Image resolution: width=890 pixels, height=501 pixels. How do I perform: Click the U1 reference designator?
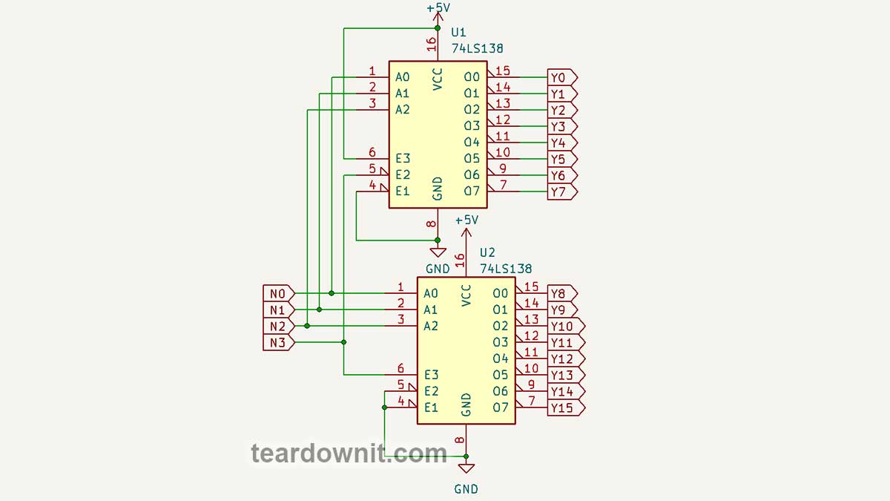(x=459, y=33)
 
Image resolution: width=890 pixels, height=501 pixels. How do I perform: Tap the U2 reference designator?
(x=487, y=252)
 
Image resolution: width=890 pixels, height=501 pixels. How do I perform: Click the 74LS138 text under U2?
(x=506, y=269)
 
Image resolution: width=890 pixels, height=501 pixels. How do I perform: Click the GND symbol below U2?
(x=466, y=468)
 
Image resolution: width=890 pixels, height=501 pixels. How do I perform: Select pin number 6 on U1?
(x=372, y=153)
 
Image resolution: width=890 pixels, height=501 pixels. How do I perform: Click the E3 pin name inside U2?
(x=431, y=375)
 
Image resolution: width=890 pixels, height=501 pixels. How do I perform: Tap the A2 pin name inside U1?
(x=403, y=110)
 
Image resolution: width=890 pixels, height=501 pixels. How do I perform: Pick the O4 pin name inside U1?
(x=472, y=143)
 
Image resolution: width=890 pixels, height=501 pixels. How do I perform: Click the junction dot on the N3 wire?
(x=344, y=341)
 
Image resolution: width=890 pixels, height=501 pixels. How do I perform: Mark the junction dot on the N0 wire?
(x=332, y=293)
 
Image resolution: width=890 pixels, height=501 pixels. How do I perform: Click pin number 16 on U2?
(x=460, y=260)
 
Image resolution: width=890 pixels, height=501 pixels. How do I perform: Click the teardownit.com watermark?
(x=349, y=452)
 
